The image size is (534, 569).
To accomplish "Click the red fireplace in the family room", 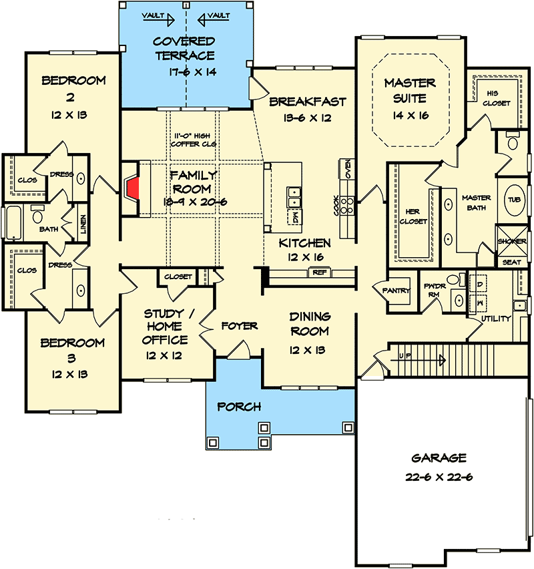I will [x=134, y=188].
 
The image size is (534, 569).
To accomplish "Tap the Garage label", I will [x=438, y=458].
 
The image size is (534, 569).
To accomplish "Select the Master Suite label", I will [x=410, y=91].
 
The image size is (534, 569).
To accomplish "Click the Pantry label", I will [x=396, y=291].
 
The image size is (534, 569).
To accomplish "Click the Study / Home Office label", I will [x=166, y=326].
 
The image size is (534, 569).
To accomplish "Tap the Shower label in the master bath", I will [x=512, y=241].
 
